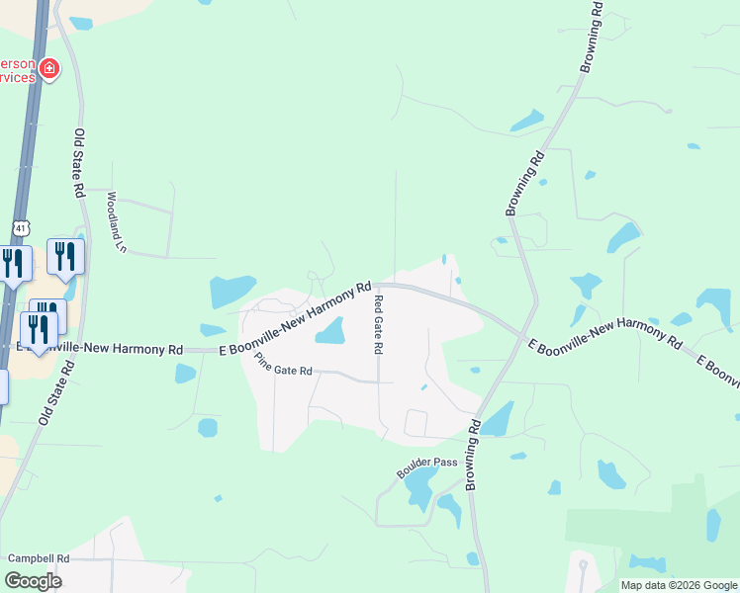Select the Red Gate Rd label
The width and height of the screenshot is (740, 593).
(377, 325)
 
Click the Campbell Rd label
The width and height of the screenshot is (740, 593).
(39, 558)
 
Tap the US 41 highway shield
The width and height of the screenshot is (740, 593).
(21, 227)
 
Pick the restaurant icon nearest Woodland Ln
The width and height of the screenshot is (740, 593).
(65, 256)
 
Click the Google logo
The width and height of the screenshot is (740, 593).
(33, 580)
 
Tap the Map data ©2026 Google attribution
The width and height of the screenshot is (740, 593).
(678, 585)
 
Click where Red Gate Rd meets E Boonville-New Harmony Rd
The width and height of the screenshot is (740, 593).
(377, 285)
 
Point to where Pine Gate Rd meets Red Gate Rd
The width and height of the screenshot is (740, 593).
(378, 381)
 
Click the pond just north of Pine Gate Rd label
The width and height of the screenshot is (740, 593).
(330, 331)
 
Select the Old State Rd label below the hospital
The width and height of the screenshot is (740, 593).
(79, 158)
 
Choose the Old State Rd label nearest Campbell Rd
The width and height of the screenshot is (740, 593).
(56, 392)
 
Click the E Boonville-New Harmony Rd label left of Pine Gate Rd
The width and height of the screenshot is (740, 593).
(100, 349)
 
